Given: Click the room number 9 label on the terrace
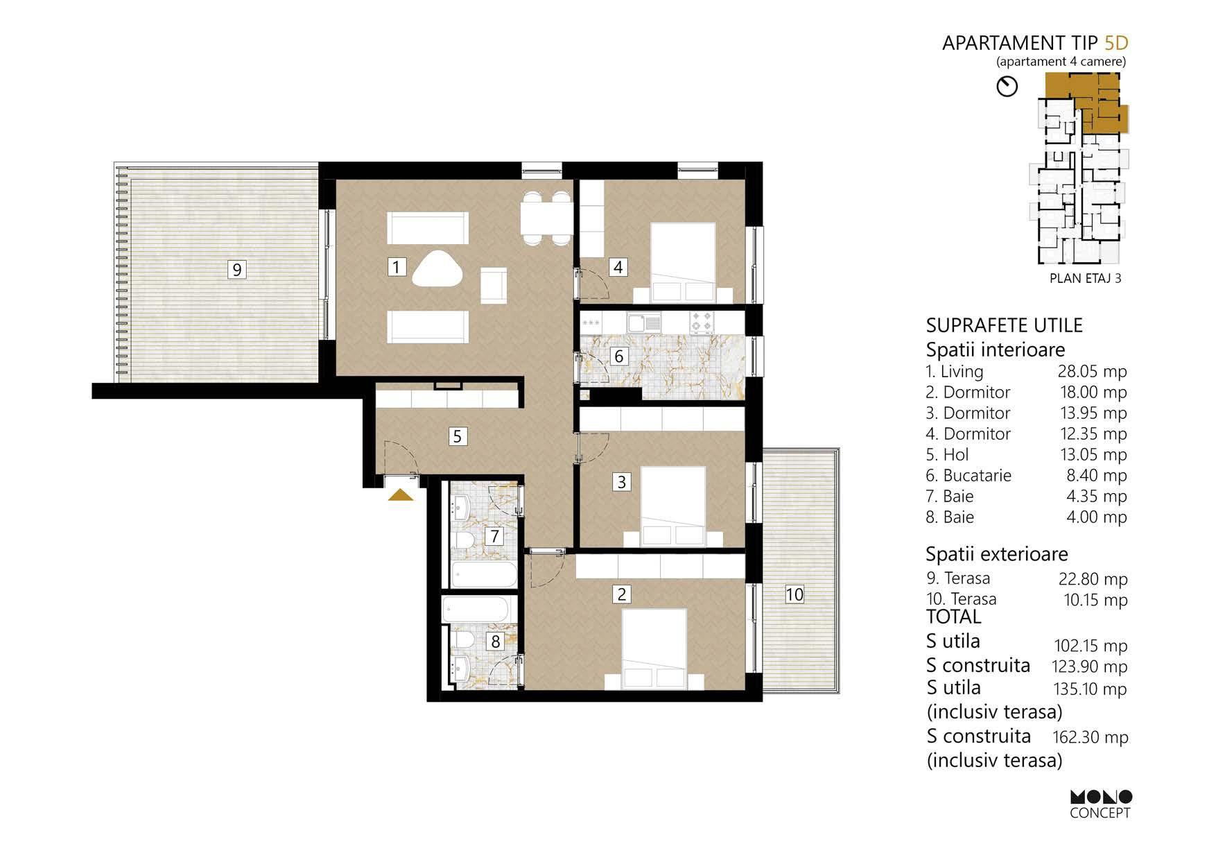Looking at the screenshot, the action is [237, 269].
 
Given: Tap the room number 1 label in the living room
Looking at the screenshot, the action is [396, 266].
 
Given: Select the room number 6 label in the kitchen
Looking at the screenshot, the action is [619, 356].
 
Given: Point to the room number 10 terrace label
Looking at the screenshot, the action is [794, 594].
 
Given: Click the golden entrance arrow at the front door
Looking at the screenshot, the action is [401, 495].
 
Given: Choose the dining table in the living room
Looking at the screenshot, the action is [546, 218].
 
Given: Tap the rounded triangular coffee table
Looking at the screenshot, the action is [438, 268].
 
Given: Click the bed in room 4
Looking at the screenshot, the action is [684, 262].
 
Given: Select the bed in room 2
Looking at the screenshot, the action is [654, 649].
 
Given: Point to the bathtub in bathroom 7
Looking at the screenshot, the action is [484, 574].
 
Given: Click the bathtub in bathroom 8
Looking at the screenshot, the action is [475, 610].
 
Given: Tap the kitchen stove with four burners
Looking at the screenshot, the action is [701, 322].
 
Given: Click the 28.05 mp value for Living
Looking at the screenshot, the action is [1092, 372].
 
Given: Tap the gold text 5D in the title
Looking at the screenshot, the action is [1116, 43].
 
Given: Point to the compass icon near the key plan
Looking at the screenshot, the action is [1007, 86].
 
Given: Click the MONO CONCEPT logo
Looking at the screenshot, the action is [1100, 804].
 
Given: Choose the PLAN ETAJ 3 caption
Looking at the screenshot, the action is [1086, 279].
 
